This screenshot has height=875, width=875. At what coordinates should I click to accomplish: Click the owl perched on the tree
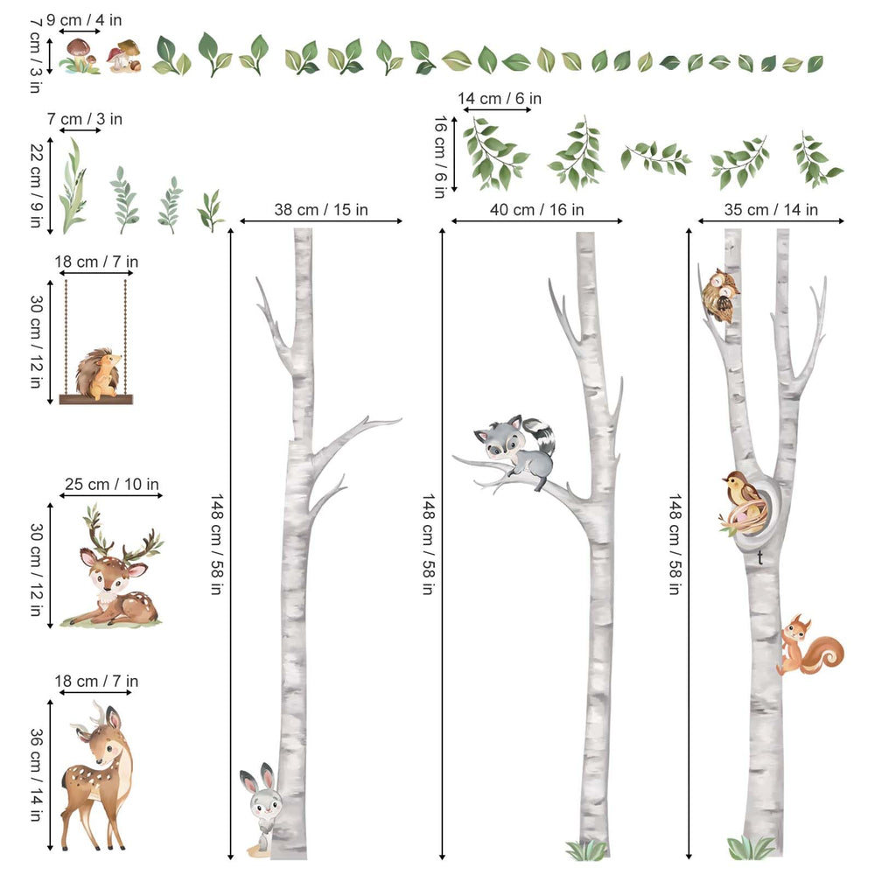721,296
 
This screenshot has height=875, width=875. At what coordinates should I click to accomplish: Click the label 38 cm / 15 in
321,210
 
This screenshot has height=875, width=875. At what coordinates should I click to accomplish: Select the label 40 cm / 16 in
536,210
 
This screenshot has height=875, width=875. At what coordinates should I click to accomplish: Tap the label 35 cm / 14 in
771,210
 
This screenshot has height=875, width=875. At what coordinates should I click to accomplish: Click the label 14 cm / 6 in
500,99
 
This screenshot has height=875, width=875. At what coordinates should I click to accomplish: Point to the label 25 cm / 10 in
111,484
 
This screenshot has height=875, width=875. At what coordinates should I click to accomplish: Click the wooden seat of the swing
96,399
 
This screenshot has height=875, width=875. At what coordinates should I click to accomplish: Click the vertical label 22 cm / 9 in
35,185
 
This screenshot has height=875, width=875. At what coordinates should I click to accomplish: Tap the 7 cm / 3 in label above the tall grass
85,118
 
